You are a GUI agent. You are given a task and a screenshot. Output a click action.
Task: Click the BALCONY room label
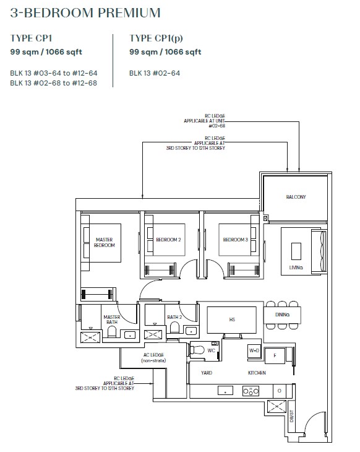click(296, 197)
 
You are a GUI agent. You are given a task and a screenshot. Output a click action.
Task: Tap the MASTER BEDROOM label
click(105, 243)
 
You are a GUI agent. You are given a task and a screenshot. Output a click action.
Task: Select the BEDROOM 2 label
click(168, 240)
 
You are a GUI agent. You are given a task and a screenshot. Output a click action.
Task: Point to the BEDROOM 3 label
click(235, 240)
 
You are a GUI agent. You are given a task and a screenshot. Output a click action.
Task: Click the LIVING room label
click(296, 267)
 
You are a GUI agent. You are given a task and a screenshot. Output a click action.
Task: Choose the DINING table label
click(282, 315)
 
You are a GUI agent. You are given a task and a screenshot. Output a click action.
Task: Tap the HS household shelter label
click(232, 319)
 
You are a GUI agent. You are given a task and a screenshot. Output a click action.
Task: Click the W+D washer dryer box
click(254, 351)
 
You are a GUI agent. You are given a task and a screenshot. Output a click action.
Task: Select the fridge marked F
click(275, 356)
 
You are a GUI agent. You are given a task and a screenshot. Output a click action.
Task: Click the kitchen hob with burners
click(251, 391)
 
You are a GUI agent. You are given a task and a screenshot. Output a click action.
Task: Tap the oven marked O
click(279, 391)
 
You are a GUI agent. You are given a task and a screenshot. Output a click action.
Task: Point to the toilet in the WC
click(197, 350)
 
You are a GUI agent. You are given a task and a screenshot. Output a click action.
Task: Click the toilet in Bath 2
click(175, 328)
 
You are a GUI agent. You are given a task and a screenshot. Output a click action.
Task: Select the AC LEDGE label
click(153, 357)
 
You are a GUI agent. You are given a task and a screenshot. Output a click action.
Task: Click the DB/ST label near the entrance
click(291, 416)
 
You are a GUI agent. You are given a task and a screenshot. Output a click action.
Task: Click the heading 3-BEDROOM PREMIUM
click(85, 12)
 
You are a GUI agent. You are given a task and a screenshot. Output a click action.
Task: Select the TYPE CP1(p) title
click(156, 38)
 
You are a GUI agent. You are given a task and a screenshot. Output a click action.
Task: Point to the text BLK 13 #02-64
click(155, 73)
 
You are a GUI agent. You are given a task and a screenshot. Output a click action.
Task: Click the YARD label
click(207, 373)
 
